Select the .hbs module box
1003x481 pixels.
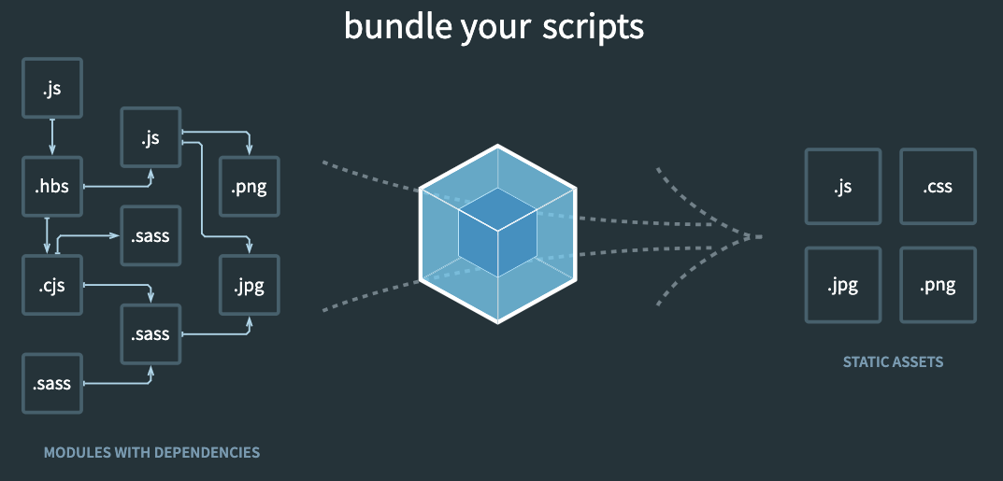[52, 187]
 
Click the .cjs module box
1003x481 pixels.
[52, 285]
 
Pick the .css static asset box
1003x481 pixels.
[938, 187]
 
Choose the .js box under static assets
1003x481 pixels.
[842, 187]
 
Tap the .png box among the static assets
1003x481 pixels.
[938, 285]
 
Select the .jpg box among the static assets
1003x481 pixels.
[842, 285]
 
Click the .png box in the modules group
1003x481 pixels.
[249, 187]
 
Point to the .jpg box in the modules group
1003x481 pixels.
[249, 285]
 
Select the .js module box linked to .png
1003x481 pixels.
[151, 138]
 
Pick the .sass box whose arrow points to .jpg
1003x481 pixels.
[151, 333]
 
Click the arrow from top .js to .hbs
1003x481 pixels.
[52, 137]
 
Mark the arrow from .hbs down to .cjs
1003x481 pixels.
[47, 235]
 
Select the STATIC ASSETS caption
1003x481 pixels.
[893, 361]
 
